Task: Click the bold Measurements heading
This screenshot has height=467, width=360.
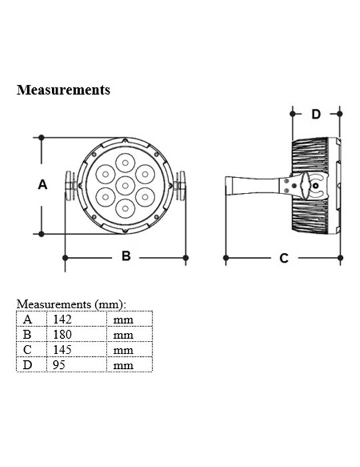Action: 63,89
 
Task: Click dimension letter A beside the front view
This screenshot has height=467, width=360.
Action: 43,185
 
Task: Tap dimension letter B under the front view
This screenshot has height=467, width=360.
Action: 126,256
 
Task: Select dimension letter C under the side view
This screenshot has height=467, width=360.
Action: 284,258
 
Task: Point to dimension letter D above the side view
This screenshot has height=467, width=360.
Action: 316,114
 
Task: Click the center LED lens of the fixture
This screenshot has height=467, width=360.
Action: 125,186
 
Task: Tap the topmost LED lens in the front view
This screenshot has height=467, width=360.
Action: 125,163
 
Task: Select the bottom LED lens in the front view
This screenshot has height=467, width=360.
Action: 125,208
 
